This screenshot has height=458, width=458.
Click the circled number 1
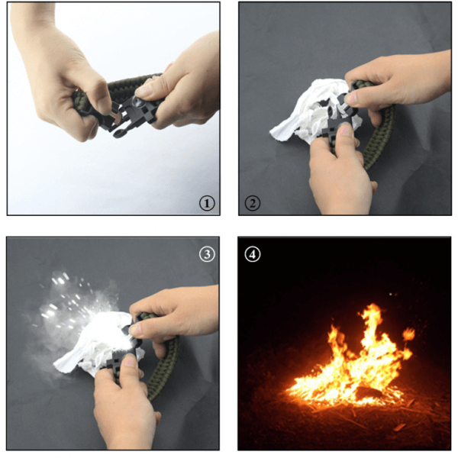click(207, 203)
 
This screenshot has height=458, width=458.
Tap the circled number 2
click(253, 203)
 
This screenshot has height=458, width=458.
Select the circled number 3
click(207, 254)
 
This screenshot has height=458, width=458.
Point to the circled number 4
click(253, 254)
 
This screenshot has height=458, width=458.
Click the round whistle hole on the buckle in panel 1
click(137, 102)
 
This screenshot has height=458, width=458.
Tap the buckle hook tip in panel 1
click(118, 135)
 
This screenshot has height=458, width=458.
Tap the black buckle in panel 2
click(340, 117)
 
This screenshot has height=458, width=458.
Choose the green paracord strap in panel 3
click(163, 362)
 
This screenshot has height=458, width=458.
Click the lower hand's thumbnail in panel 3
click(129, 361)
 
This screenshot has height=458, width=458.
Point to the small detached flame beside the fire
click(408, 334)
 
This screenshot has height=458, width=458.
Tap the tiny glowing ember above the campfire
click(391, 294)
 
